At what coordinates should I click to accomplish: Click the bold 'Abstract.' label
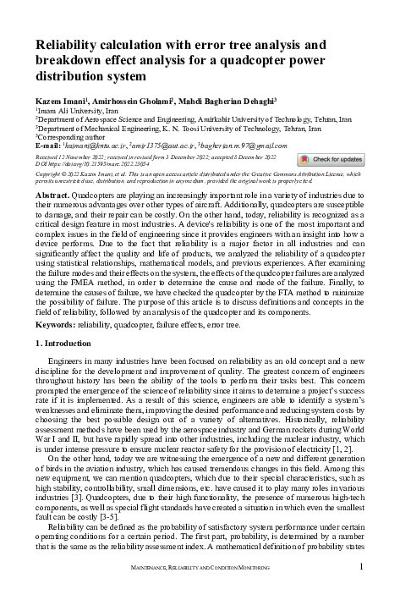coord(52,195)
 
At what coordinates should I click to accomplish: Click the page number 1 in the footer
coord(362,566)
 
